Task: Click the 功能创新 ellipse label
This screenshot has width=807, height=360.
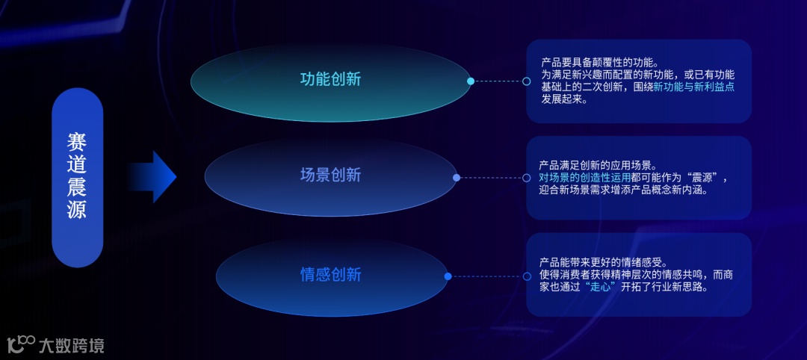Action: (x=330, y=79)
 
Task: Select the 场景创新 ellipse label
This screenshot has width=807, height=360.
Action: (x=330, y=176)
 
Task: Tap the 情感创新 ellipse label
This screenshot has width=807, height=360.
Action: (x=330, y=275)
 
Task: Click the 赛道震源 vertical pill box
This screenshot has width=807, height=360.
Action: (x=77, y=177)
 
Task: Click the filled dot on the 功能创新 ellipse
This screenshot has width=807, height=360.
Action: (x=471, y=81)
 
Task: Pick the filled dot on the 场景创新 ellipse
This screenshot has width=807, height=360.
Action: (x=457, y=178)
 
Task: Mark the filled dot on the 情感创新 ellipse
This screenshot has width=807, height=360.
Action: (x=448, y=276)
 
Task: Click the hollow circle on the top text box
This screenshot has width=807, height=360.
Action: (x=527, y=81)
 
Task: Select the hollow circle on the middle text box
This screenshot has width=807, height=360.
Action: (x=527, y=178)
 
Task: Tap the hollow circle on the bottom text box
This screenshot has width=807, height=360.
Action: (x=527, y=276)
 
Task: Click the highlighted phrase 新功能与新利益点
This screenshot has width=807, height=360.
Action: (x=693, y=87)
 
